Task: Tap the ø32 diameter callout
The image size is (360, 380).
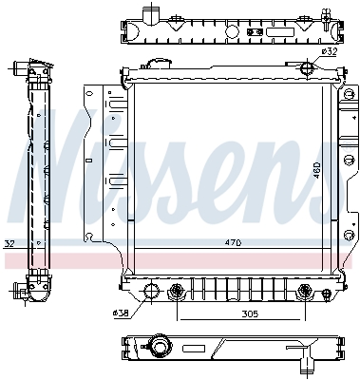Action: pos(330,51)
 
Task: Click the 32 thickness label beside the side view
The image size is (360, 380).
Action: pos(9,243)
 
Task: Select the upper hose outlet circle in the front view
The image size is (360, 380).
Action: pos(305,67)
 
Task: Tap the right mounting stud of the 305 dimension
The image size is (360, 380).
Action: pos(303,291)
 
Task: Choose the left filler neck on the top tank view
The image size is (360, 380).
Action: pos(148,15)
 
